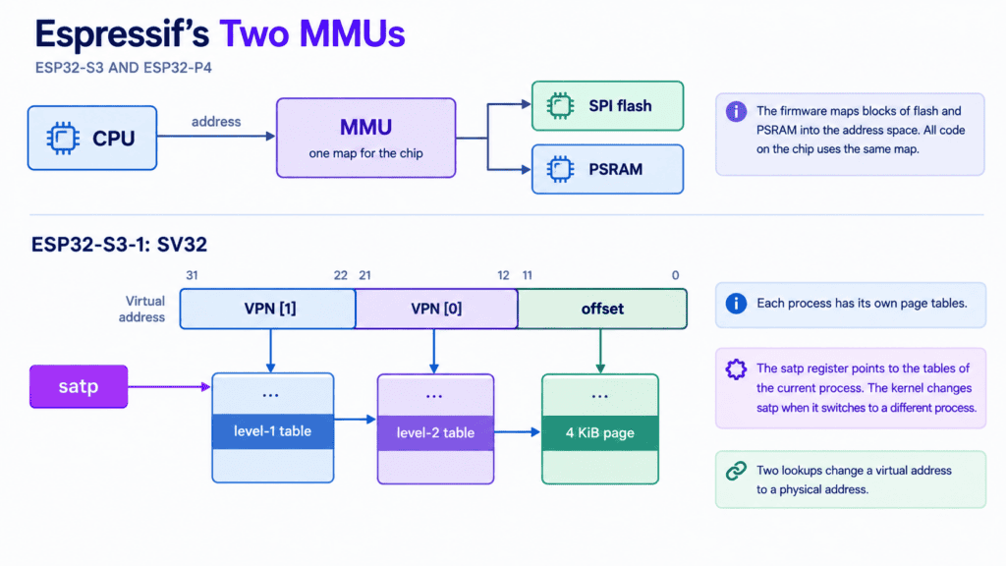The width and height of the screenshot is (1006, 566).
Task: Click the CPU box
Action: tap(92, 138)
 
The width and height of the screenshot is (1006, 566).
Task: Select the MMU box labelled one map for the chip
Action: tap(365, 138)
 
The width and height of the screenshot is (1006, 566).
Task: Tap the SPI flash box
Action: tap(607, 106)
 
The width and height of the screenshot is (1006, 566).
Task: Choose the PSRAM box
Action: tap(607, 169)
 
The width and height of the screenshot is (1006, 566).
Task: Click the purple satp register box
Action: tap(79, 386)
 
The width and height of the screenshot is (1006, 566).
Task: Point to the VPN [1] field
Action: tap(268, 309)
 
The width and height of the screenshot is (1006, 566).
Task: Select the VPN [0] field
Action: tap(436, 309)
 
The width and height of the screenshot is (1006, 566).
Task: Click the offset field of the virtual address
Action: tap(602, 309)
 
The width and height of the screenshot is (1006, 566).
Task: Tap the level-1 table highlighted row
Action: tap(273, 431)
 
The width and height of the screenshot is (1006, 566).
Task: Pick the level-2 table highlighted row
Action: tap(435, 432)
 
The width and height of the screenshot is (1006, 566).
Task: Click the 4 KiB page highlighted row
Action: tap(600, 432)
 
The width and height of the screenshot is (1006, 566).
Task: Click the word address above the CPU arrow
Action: tap(216, 121)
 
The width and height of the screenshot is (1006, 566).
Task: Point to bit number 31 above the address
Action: tap(192, 275)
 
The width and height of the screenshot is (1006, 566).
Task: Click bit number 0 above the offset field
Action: tap(675, 275)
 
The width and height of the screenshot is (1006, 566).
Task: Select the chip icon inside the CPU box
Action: tap(63, 138)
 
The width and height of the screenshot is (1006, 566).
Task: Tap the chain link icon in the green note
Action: tap(736, 471)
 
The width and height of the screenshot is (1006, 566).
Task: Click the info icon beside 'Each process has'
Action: tap(736, 303)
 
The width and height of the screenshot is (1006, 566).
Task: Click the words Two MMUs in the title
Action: tap(312, 34)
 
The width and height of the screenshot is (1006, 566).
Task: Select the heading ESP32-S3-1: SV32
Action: tap(119, 245)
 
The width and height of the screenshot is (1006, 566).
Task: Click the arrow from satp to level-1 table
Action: tap(169, 386)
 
